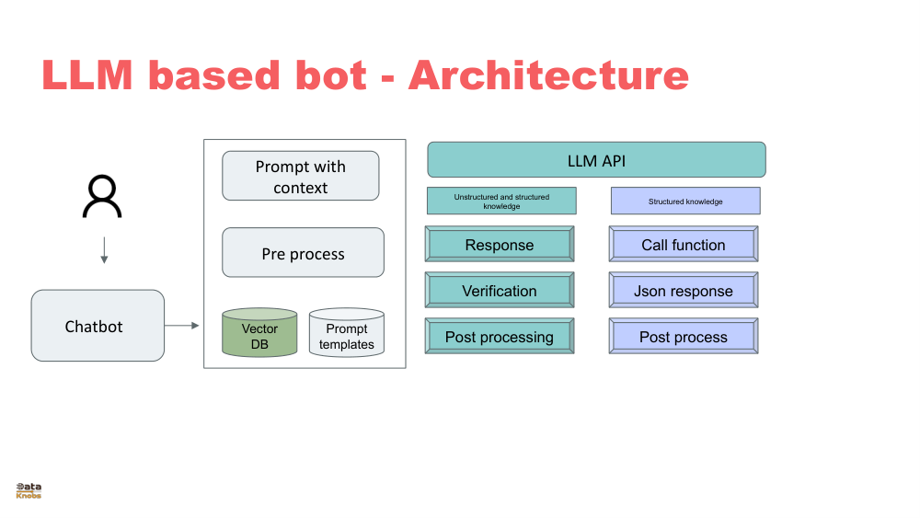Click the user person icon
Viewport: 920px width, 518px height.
pyautogui.click(x=101, y=197)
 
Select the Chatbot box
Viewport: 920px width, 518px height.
pyautogui.click(x=98, y=326)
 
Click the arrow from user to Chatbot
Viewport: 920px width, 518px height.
pyautogui.click(x=104, y=250)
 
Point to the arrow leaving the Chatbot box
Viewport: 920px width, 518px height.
pyautogui.click(x=182, y=325)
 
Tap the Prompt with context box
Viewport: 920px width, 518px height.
pyautogui.click(x=301, y=176)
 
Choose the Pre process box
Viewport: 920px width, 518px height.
pyautogui.click(x=303, y=253)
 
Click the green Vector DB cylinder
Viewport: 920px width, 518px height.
pyautogui.click(x=259, y=333)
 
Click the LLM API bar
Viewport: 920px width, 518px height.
pyautogui.click(x=596, y=160)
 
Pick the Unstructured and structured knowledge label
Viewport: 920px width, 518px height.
pyautogui.click(x=501, y=201)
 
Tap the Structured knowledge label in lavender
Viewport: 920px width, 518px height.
pyautogui.click(x=685, y=201)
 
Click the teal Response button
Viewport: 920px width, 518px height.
pyautogui.click(x=500, y=245)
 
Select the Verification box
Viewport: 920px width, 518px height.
pyautogui.click(x=500, y=291)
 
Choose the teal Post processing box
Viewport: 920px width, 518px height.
pyautogui.click(x=500, y=337)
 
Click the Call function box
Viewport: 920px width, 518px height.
pyautogui.click(x=684, y=245)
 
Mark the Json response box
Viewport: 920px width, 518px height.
pyautogui.click(x=684, y=291)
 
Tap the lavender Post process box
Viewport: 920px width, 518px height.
pyautogui.click(x=684, y=337)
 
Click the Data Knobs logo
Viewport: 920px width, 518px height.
pyautogui.click(x=29, y=490)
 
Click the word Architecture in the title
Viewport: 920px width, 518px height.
pyautogui.click(x=548, y=75)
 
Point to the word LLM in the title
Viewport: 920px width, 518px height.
pyautogui.click(x=88, y=75)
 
